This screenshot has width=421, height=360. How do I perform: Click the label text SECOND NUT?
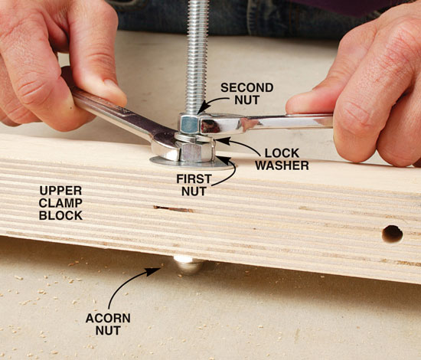247,93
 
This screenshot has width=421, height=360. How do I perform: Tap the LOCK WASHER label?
282,159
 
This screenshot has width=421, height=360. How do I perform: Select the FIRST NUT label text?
194,185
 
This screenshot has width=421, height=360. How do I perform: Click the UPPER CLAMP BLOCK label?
60,203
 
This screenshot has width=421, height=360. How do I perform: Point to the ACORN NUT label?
108,324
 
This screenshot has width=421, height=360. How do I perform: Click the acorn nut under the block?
189,264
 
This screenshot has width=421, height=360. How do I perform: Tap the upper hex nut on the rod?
190,124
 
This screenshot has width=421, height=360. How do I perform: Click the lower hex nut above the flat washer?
195,152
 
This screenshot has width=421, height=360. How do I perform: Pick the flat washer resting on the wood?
191,164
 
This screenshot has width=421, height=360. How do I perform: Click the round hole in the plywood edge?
392,234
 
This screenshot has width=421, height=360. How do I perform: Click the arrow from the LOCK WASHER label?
239,144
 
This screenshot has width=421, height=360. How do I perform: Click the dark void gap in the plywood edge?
173,209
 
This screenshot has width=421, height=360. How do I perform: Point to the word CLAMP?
60,203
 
